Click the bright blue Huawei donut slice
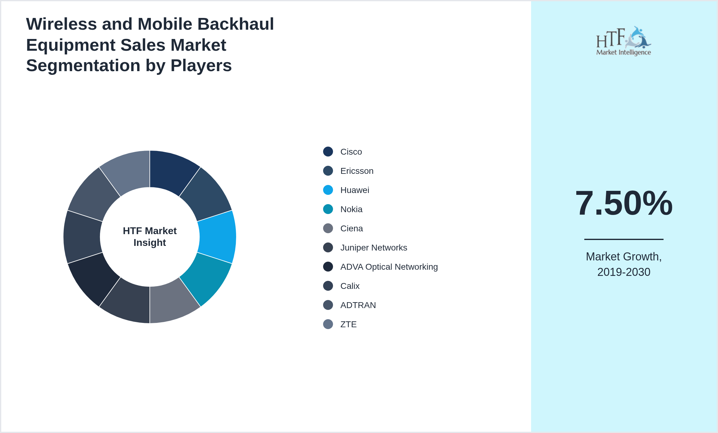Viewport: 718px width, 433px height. tap(218, 237)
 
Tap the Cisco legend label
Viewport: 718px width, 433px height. tap(351, 152)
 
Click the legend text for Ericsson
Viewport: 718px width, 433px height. tap(357, 171)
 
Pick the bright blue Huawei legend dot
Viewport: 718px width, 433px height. tap(328, 190)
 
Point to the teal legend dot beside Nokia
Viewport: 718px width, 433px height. tap(328, 209)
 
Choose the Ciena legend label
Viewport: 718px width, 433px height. tap(352, 229)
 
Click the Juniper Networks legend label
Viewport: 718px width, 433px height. tap(374, 248)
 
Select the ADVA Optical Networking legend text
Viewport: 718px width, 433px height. tap(389, 267)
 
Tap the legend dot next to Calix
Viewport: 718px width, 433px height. tap(328, 286)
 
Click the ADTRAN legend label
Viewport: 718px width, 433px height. tap(358, 305)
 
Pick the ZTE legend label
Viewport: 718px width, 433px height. tap(348, 324)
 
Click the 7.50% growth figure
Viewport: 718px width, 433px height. tap(624, 203)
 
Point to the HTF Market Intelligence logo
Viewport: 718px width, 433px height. tap(624, 41)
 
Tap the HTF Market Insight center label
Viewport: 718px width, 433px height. tap(150, 237)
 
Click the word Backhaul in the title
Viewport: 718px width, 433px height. tap(236, 24)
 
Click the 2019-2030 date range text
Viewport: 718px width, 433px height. tap(624, 272)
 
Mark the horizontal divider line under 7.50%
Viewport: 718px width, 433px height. tap(624, 239)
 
